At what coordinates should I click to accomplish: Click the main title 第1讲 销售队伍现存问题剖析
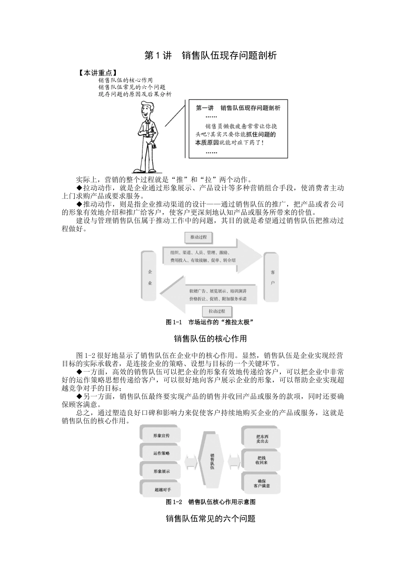click(211, 56)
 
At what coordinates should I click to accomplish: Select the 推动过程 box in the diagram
click(198, 237)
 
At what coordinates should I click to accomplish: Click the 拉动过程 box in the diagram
click(217, 311)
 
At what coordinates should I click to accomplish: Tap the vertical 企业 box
click(150, 277)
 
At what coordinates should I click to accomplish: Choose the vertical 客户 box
click(272, 277)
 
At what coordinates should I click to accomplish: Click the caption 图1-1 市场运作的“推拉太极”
click(210, 322)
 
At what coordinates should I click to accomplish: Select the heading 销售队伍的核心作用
click(210, 339)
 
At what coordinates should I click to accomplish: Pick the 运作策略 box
click(161, 453)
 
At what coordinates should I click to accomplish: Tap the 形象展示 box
click(161, 471)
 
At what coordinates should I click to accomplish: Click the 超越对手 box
click(162, 489)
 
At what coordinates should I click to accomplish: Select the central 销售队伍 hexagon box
click(212, 461)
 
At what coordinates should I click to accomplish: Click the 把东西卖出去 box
click(261, 439)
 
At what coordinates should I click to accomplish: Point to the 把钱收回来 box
click(261, 460)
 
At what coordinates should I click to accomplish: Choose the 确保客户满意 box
click(261, 483)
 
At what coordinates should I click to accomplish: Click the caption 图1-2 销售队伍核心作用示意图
click(211, 502)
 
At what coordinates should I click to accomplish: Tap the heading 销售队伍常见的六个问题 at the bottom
click(210, 519)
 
